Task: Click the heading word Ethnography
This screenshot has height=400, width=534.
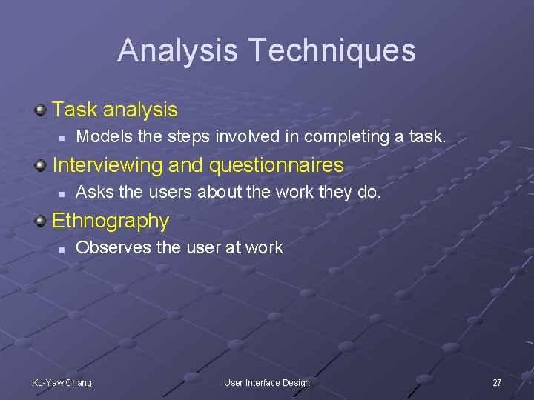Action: click(111, 221)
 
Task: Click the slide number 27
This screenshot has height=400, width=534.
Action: click(497, 382)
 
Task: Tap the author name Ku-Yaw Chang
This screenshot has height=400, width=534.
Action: click(62, 382)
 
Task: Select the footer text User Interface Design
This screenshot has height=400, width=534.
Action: click(267, 382)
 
